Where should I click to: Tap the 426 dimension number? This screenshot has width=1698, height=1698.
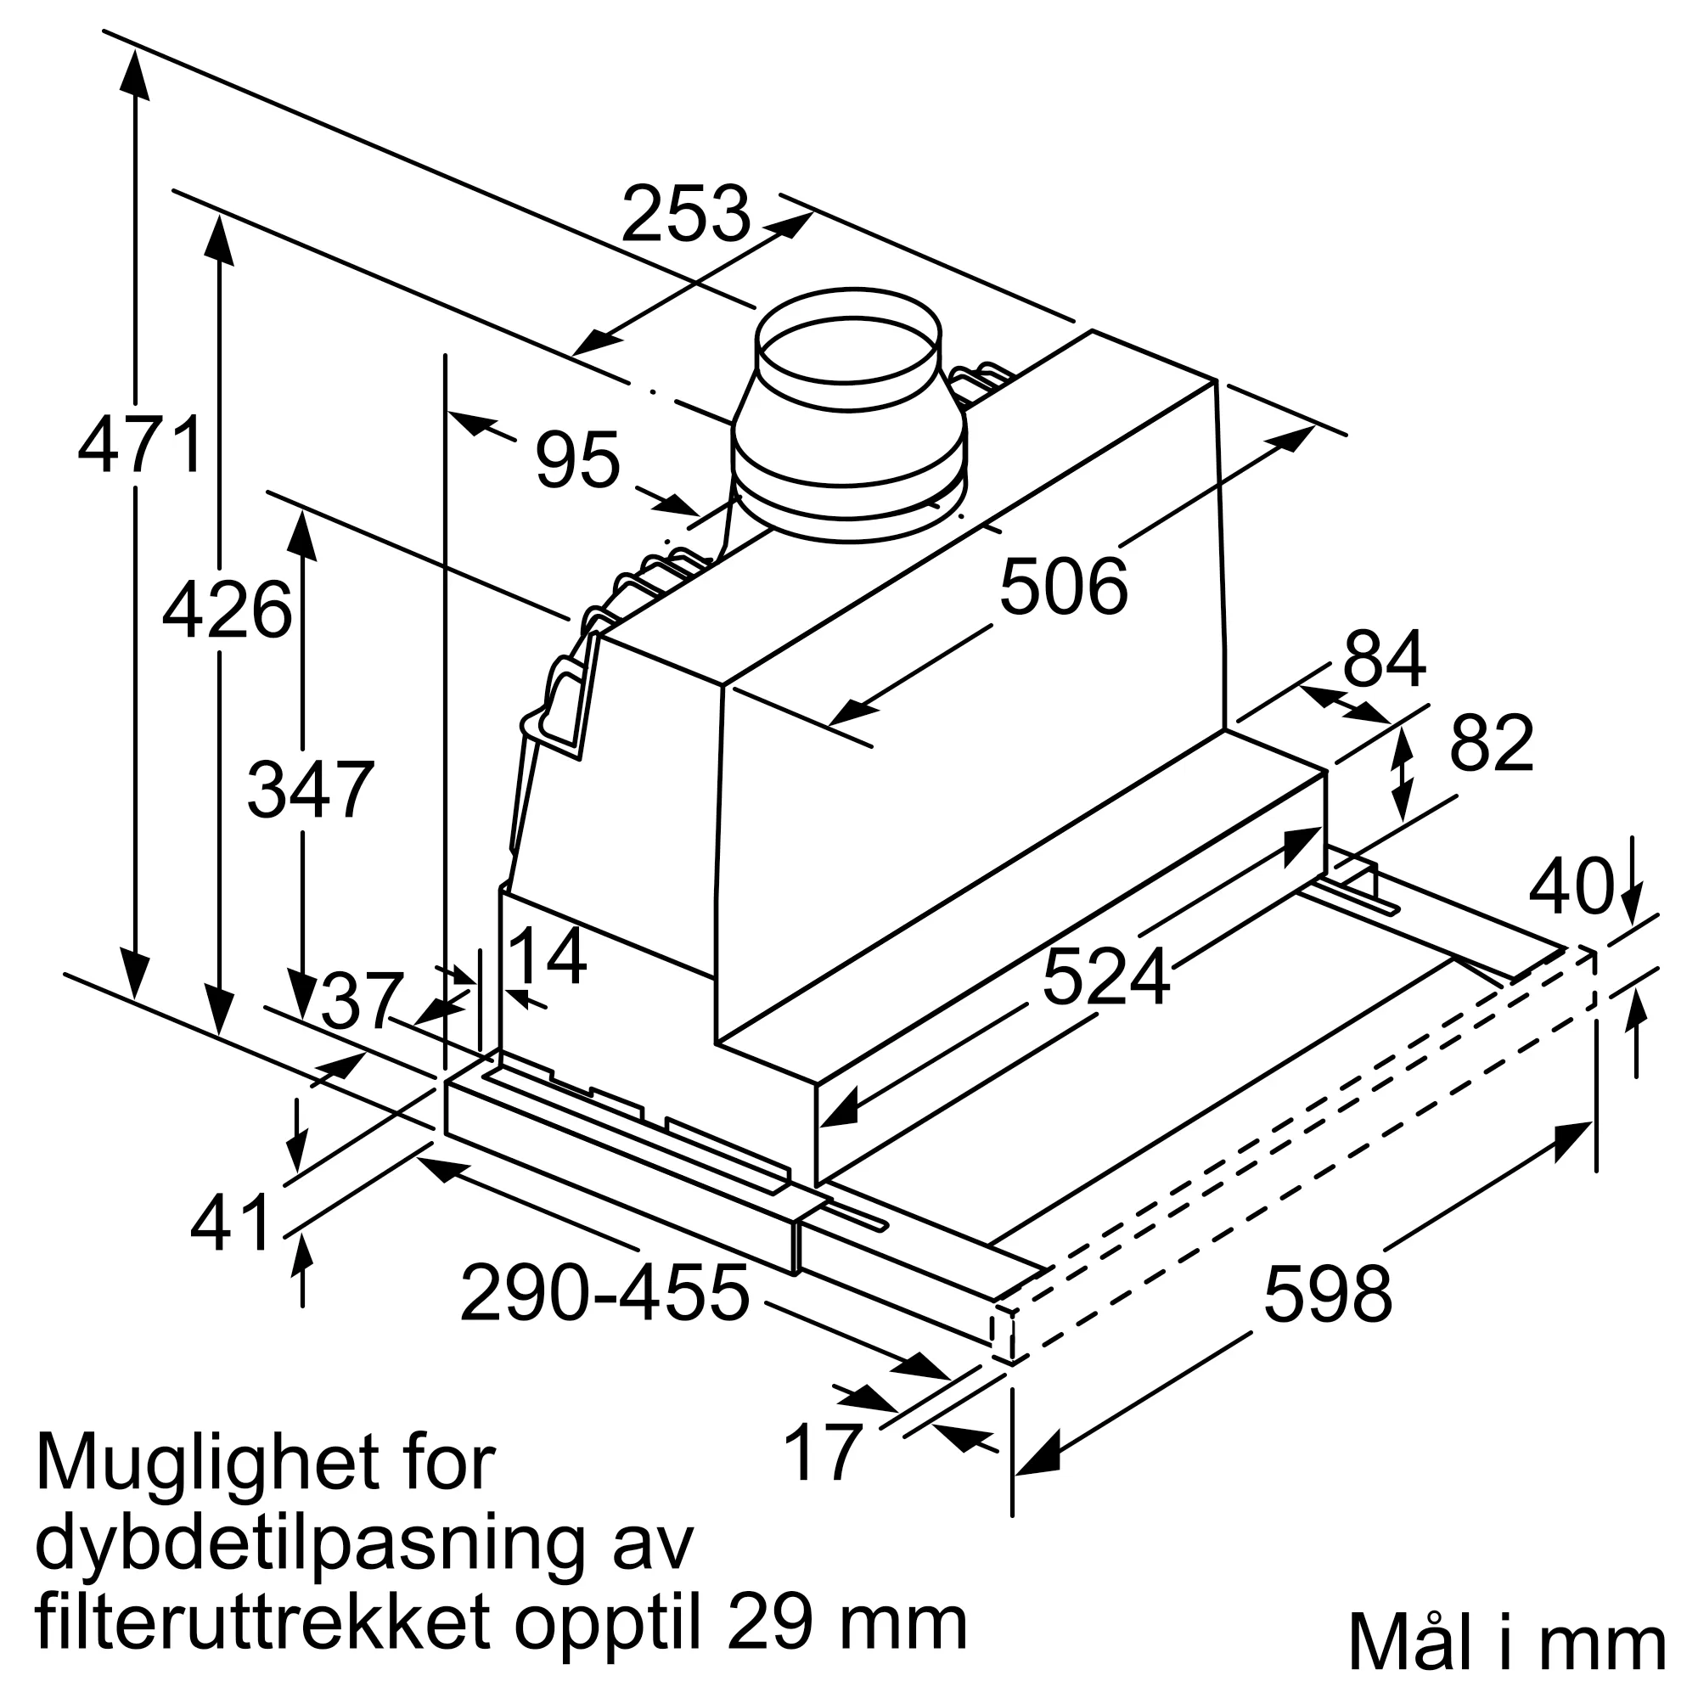(x=227, y=609)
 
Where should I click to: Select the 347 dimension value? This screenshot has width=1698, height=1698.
(x=310, y=790)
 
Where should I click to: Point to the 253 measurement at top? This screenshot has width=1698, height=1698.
(x=685, y=214)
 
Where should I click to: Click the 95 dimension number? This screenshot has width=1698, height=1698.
(x=577, y=459)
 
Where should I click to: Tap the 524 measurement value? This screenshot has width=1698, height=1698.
(x=1105, y=977)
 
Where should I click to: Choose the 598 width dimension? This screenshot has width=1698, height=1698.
(x=1327, y=1295)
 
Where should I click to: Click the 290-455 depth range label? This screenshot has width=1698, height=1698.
(x=604, y=1293)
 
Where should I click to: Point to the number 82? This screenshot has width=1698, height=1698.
(x=1492, y=743)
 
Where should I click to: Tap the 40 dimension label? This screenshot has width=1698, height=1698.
(x=1571, y=886)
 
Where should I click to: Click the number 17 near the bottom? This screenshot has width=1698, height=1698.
(x=822, y=1452)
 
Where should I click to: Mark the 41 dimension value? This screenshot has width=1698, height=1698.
(x=230, y=1223)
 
